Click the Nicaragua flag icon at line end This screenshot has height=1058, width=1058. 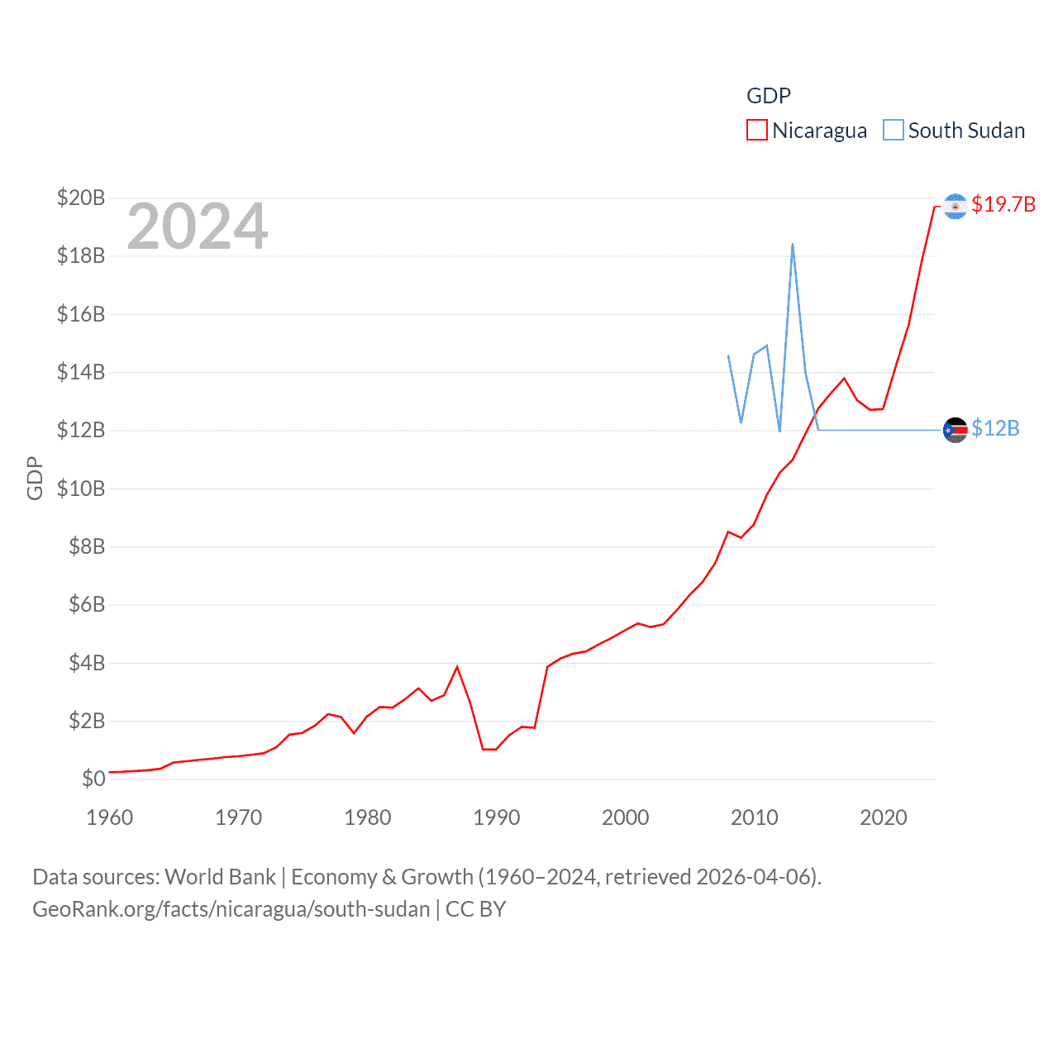[x=955, y=206]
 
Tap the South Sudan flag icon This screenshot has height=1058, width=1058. [x=955, y=430]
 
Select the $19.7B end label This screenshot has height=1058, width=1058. [x=1003, y=204]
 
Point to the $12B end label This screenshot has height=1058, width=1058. [x=995, y=428]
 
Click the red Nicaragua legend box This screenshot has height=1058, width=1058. [x=756, y=131]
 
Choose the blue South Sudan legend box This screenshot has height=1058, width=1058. [x=894, y=131]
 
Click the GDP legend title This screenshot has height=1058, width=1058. [x=769, y=96]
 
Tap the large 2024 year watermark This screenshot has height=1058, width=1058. [x=198, y=226]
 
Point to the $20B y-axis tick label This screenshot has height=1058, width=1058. [x=81, y=198]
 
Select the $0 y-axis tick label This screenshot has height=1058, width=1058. [x=93, y=779]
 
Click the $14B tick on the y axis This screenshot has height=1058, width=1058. [x=81, y=372]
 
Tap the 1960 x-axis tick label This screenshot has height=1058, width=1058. [x=110, y=817]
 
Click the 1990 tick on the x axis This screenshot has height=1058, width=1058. [x=497, y=817]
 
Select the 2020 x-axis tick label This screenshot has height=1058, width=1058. [x=884, y=817]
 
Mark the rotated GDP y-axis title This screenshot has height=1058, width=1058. [x=35, y=478]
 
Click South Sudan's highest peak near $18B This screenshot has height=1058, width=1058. [x=793, y=245]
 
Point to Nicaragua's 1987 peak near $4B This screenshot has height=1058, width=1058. [x=457, y=667]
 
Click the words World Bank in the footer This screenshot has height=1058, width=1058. [x=221, y=877]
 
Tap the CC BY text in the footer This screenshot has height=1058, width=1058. [x=475, y=909]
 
